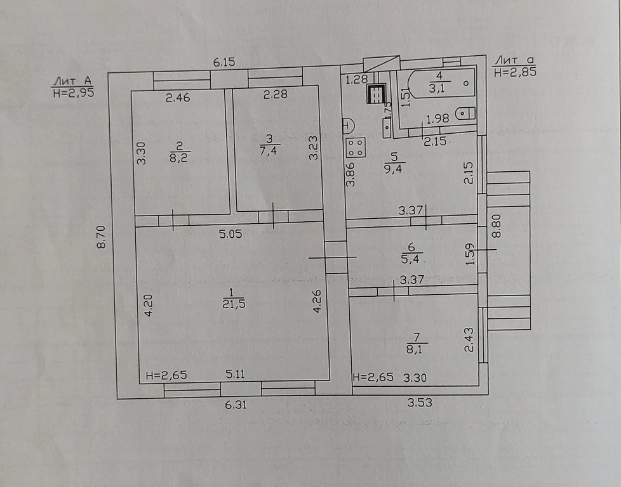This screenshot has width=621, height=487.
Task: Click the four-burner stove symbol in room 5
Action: click(x=356, y=148)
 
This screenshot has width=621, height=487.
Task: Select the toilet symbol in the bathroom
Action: click(x=465, y=114)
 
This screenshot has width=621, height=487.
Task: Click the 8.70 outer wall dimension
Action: click(x=102, y=237)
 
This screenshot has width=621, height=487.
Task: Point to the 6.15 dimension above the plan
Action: click(x=224, y=62)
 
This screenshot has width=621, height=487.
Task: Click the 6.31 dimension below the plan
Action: click(x=236, y=405)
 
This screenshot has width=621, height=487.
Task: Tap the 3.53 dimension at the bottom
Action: click(x=420, y=402)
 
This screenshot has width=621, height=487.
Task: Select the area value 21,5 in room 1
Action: click(x=234, y=304)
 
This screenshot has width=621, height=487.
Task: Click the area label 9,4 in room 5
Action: click(x=393, y=169)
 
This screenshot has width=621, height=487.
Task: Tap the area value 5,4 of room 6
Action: click(x=410, y=259)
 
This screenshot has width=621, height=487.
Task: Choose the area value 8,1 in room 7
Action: click(x=414, y=349)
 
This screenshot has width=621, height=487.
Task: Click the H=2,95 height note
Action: click(x=73, y=93)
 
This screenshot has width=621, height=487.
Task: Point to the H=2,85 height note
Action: click(x=515, y=72)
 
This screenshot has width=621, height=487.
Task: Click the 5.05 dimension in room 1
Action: click(x=230, y=234)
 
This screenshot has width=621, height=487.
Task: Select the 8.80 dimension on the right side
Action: click(x=497, y=226)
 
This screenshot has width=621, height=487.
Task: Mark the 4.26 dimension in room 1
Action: click(x=317, y=301)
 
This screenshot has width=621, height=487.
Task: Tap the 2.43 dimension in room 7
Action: click(x=469, y=339)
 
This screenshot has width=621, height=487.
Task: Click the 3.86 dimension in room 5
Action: click(x=351, y=174)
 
